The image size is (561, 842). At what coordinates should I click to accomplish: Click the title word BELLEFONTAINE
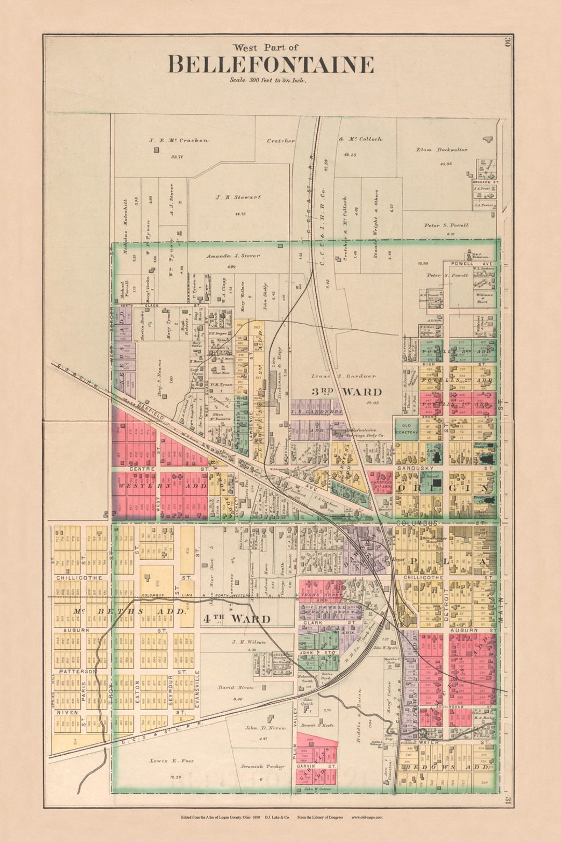point(271,65)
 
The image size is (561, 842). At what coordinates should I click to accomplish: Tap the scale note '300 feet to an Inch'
point(269,81)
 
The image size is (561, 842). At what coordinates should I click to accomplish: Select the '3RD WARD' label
point(346,392)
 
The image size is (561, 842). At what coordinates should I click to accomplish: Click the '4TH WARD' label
point(236,619)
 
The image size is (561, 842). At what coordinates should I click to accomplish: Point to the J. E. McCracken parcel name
point(179,140)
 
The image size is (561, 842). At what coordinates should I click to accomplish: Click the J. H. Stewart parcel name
point(238,197)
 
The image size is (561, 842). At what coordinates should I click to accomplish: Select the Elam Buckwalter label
point(442,150)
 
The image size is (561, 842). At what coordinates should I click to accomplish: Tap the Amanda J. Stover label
point(232,256)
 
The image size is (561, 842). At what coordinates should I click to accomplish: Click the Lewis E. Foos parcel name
point(171,760)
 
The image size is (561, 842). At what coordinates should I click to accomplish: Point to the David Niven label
point(235,687)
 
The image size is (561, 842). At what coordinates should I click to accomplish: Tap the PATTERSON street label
point(77,672)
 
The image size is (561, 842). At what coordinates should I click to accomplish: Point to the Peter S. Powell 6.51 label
point(446,225)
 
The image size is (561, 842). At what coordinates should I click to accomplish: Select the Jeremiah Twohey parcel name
point(262,766)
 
